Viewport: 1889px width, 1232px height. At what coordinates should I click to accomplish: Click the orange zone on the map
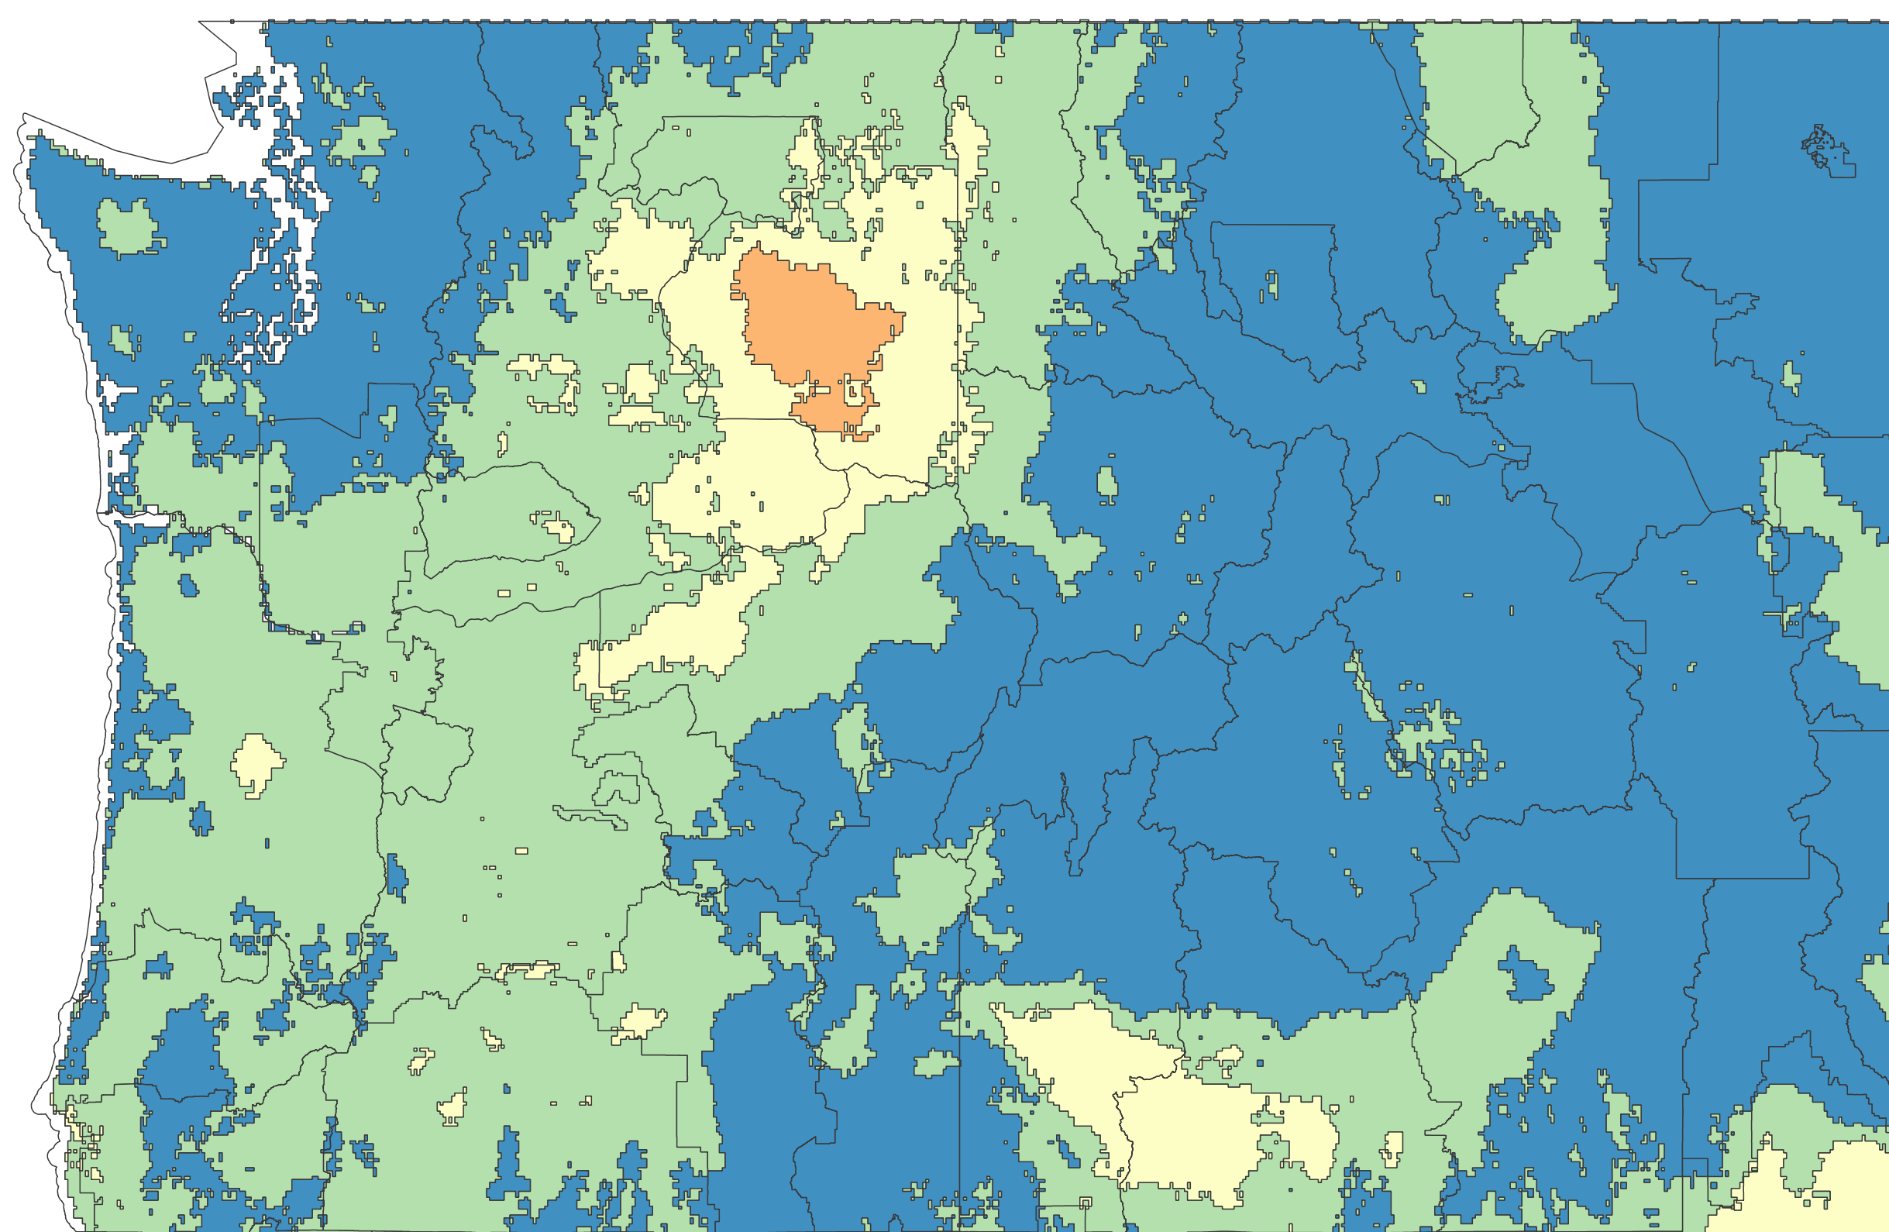(810, 318)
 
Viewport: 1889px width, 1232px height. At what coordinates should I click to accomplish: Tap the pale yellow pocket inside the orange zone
(855, 391)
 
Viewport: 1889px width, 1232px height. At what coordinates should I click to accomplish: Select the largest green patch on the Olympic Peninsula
(126, 225)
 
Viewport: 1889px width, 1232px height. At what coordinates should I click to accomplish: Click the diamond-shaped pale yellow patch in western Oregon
(256, 763)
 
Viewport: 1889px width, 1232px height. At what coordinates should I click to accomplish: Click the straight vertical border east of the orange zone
(957, 318)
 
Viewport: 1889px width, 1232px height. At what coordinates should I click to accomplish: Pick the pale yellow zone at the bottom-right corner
(1825, 1191)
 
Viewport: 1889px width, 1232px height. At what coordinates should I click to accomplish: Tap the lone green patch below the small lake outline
(1791, 377)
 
